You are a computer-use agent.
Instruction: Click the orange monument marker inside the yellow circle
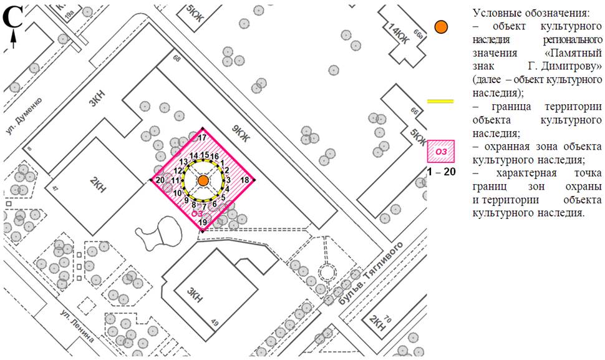(203, 180)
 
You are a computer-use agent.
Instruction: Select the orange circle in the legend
(440, 27)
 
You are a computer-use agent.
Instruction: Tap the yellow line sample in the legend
(440, 101)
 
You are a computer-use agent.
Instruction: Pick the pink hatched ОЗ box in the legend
(440, 151)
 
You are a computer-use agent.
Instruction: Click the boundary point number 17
(202, 138)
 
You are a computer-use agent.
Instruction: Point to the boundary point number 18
(244, 180)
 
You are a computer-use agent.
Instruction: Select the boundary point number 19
(203, 222)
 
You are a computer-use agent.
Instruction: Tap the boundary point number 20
(160, 180)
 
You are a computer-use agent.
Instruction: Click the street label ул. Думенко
(24, 115)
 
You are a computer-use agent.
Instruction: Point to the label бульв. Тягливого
(370, 273)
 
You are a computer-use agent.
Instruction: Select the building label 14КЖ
(397, 34)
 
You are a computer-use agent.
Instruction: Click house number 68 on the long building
(177, 58)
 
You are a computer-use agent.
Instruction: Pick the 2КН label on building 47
(98, 185)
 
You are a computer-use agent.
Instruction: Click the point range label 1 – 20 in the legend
(441, 172)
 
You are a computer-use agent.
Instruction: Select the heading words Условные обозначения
(531, 14)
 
